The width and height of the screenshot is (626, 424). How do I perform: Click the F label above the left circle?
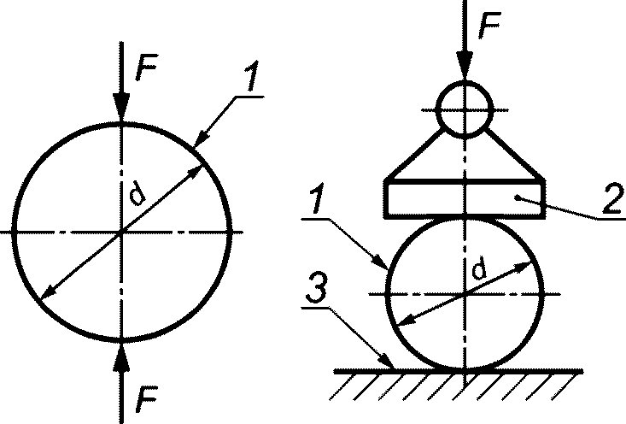point(145,67)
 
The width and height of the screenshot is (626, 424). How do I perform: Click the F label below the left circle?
point(146,399)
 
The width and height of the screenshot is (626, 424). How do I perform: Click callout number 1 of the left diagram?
point(251,76)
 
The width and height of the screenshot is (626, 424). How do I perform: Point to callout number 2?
point(612,198)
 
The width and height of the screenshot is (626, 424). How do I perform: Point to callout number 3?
point(317,289)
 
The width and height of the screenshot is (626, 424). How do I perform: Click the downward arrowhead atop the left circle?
point(121,107)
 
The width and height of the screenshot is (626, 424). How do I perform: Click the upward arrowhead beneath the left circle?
point(121,356)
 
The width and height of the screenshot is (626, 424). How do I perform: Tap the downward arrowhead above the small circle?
point(465,66)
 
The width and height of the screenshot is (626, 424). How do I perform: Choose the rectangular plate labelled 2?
point(465,198)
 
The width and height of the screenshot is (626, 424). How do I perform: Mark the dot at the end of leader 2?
point(518,197)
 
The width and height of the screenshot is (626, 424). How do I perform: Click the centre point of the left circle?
point(121,232)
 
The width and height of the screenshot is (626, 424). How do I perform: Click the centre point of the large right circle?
point(465,295)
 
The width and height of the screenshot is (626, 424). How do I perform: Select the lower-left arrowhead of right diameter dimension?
point(408,320)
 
